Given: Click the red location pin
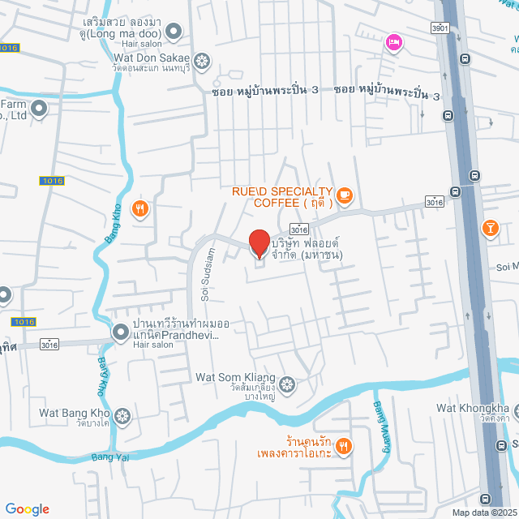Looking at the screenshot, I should pos(259,243).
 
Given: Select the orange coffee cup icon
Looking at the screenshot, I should pos(345,194).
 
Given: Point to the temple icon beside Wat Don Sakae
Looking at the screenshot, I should pos(202,59).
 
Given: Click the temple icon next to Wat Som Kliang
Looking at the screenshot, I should pos(286,383).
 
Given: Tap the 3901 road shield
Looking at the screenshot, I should pos(440,28).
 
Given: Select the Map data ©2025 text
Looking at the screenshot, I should pos(482,513).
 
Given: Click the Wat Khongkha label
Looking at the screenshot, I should pos(472,408).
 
